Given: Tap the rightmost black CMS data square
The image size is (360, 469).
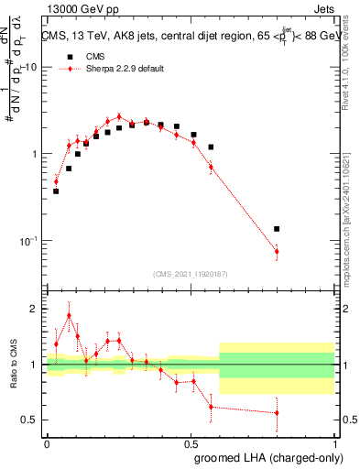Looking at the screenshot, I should point(277,229).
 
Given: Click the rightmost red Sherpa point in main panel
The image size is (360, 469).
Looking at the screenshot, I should point(277,251).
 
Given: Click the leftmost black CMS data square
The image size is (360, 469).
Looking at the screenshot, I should point(56,191).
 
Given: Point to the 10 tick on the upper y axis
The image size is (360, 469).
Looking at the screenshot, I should point(32,68).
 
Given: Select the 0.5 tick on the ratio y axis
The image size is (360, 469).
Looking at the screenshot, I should point(29,420).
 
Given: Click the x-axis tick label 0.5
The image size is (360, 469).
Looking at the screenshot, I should point(191,442).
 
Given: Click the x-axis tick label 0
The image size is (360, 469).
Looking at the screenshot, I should point(48,442).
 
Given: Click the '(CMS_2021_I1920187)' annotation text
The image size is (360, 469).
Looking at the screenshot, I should point(191,273).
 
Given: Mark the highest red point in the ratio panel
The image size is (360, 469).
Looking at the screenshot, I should point(69,315).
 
